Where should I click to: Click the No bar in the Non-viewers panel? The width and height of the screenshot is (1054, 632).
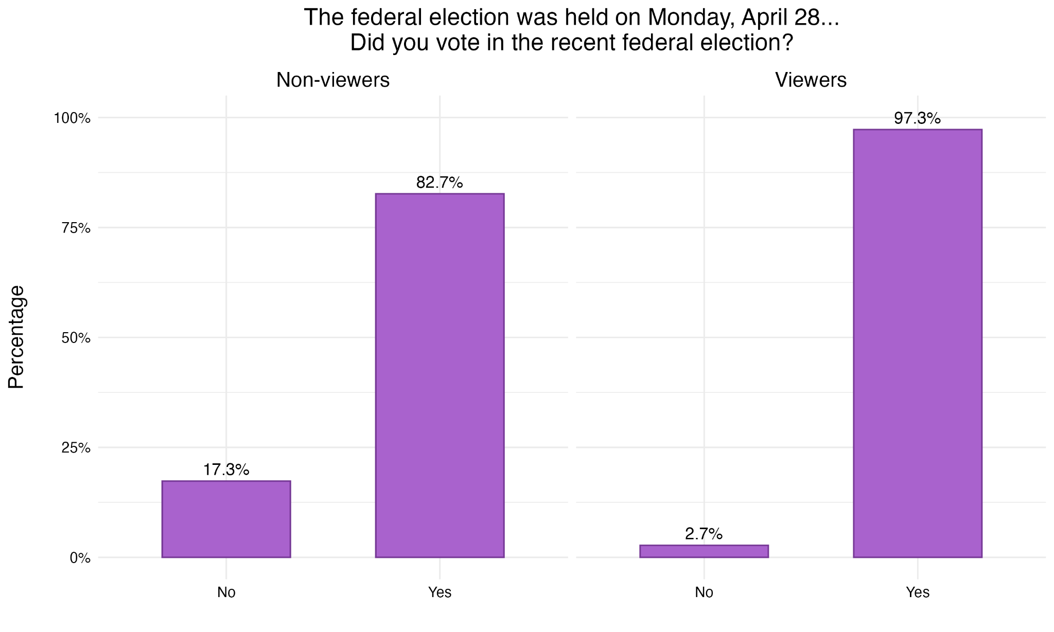[x=226, y=519]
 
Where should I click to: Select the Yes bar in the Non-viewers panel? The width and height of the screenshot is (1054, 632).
[x=440, y=375]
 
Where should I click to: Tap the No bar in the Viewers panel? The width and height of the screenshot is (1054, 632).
[x=704, y=551]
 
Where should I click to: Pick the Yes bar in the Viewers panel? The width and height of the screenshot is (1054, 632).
[x=917, y=343]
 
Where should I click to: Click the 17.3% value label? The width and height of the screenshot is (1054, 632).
[x=226, y=470]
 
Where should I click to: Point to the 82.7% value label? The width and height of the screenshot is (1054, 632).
[x=440, y=183]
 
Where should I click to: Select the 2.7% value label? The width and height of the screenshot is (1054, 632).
[x=704, y=534]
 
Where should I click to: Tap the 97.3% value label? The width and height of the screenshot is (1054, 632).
[x=917, y=119]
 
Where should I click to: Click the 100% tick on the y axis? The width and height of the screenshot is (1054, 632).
[x=72, y=118]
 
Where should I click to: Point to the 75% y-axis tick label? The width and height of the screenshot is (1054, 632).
[x=76, y=228]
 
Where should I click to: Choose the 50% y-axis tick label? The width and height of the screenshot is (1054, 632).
[x=76, y=338]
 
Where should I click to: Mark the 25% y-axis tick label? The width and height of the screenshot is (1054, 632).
[x=76, y=448]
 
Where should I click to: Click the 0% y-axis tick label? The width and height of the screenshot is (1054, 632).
[x=80, y=558]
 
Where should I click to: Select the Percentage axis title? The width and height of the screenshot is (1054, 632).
[x=16, y=337]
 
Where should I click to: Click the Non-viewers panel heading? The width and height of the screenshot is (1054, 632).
[x=332, y=80]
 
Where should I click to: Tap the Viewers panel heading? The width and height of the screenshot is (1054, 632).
[x=811, y=80]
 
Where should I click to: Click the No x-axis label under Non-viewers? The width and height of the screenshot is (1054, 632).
[x=226, y=592]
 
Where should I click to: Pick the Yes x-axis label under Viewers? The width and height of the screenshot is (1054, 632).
[x=917, y=592]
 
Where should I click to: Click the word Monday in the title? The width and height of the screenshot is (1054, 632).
[x=691, y=17]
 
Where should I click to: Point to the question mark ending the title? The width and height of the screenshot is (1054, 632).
[x=787, y=43]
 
